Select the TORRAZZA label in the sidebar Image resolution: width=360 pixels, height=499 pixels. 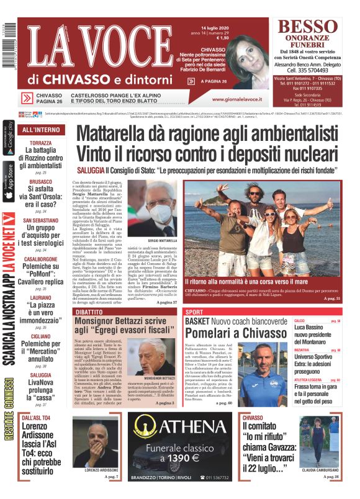[41, 143]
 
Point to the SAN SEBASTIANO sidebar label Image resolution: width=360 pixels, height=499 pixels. [41, 220]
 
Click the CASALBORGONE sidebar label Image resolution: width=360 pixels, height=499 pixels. [41, 259]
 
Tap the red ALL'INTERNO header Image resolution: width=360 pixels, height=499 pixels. [41, 130]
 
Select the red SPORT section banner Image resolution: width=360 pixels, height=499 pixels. [195, 312]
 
